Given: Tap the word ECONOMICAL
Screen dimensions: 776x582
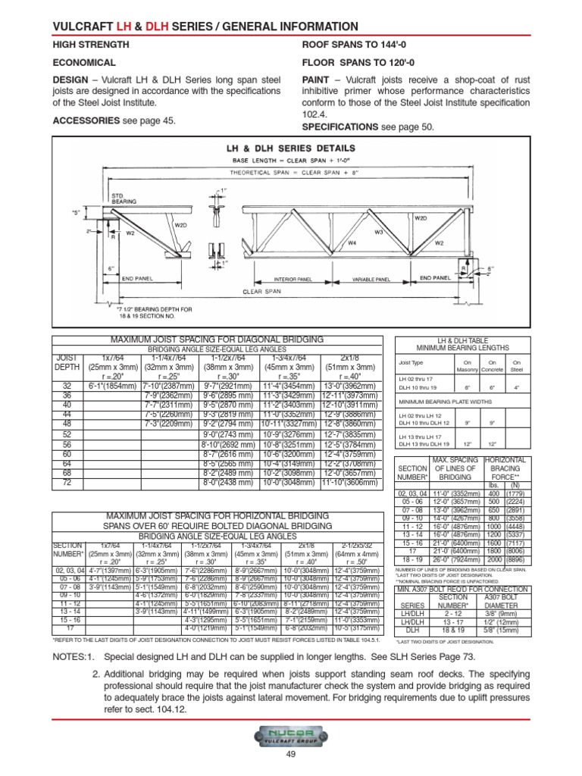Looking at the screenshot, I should (x=83, y=63).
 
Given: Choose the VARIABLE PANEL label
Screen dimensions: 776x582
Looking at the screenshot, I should (x=371, y=280).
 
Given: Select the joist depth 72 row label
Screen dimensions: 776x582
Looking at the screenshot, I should (x=67, y=482).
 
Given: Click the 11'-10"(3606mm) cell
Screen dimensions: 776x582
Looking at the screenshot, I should (x=348, y=482).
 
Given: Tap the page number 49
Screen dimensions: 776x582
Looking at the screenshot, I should (x=290, y=763).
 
